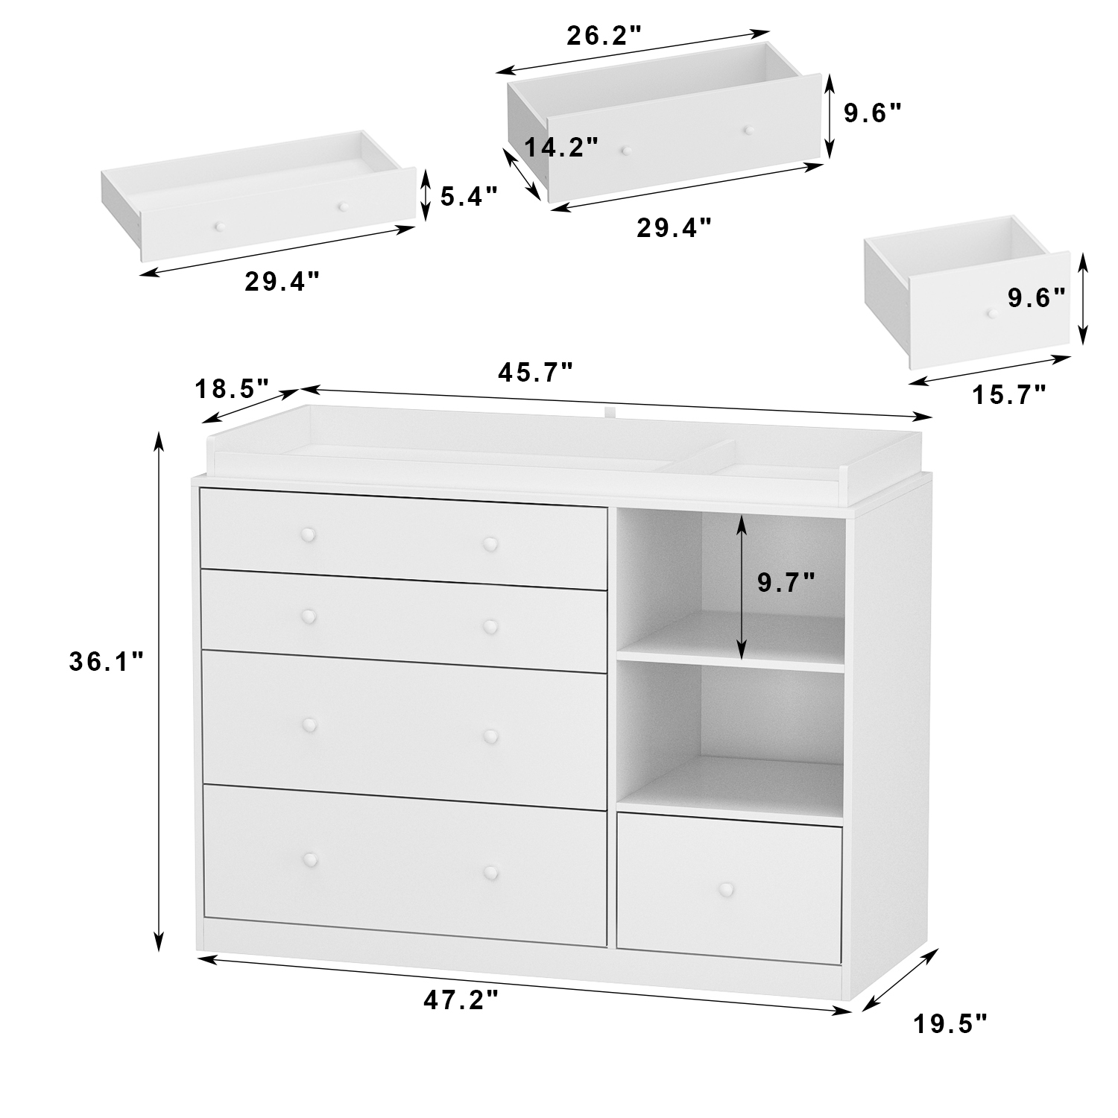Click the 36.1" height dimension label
(106, 662)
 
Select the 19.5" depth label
(950, 1024)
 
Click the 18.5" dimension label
(231, 388)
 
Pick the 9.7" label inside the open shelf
(786, 582)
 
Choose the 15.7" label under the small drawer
(1009, 394)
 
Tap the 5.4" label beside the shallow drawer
(468, 197)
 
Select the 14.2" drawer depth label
(561, 148)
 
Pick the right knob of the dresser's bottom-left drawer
(490, 872)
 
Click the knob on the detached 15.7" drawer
(991, 314)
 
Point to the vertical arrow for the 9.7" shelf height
(741, 587)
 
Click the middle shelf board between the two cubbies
(730, 657)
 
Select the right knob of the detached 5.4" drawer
(342, 206)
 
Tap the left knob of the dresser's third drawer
(309, 724)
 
